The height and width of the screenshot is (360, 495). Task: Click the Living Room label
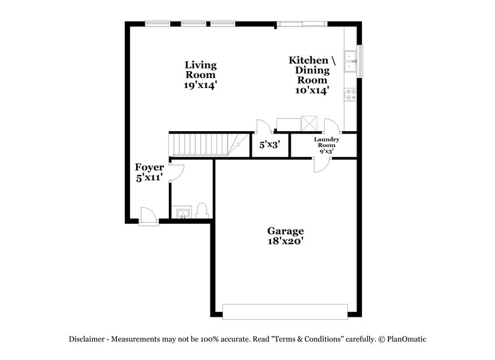point(200,70)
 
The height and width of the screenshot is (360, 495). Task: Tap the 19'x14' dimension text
point(200,86)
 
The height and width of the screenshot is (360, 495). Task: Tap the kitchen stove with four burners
point(351,95)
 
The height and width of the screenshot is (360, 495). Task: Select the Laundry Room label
point(326,142)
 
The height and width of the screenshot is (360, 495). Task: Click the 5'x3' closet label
point(270,145)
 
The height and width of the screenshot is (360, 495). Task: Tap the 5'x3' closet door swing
point(262,126)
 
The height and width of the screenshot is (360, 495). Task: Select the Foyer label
point(150,167)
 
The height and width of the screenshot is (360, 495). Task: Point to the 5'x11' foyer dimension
point(150,178)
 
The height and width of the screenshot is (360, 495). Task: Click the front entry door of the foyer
point(148,216)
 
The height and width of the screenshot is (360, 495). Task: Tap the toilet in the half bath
point(201,211)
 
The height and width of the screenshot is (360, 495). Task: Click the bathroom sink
point(183,213)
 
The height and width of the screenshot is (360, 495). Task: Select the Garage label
point(285,231)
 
